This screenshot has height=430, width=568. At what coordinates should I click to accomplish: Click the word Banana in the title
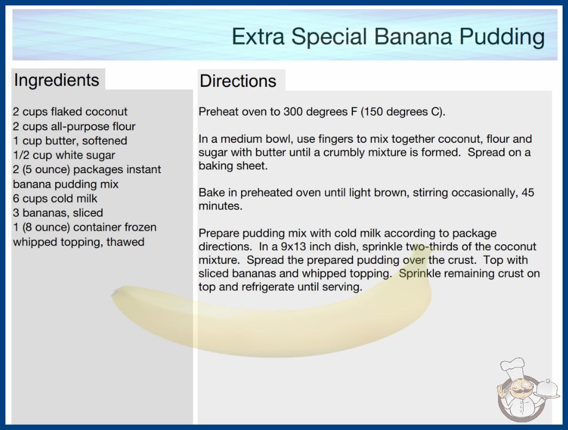[413, 36]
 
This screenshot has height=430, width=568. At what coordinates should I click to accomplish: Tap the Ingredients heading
[56, 80]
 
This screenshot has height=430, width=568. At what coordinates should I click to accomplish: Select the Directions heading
[238, 81]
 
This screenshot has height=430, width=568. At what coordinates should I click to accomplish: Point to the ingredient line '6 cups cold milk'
[55, 199]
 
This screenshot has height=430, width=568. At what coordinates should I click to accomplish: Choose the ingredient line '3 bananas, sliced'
[58, 213]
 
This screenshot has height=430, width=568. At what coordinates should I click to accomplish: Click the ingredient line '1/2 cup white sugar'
[64, 155]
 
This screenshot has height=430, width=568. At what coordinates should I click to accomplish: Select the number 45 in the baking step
[528, 192]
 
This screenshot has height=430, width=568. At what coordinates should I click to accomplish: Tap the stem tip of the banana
[115, 292]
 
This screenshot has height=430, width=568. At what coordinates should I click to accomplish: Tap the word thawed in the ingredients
[125, 242]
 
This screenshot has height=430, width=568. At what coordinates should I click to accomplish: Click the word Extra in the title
[258, 36]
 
